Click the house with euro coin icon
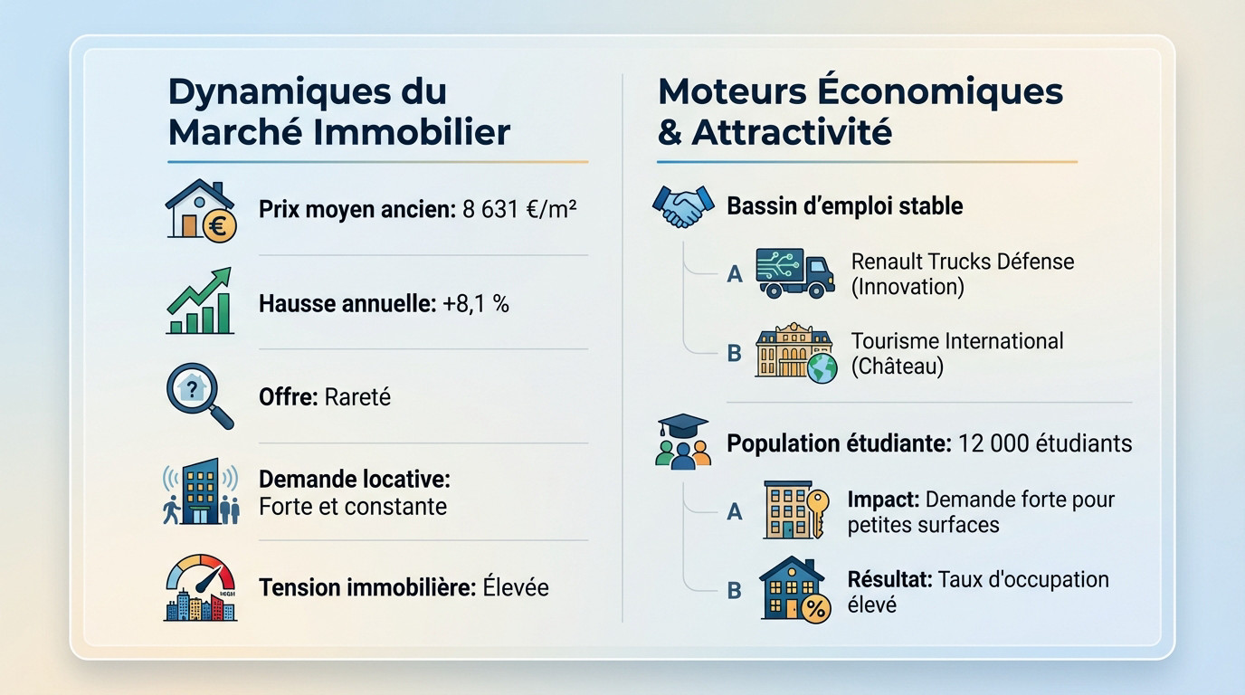coord(200,209)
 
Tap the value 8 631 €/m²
coord(519,210)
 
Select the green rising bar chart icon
coord(200,302)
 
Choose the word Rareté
coord(356,397)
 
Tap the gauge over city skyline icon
coord(200,587)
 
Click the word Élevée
coord(515,587)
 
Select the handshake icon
coord(680,206)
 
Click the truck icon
coord(794,272)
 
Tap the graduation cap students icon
coord(683,443)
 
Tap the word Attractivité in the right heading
coord(792,132)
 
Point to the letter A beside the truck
coord(735,273)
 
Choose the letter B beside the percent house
coord(735,591)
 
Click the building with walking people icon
coord(200,492)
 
